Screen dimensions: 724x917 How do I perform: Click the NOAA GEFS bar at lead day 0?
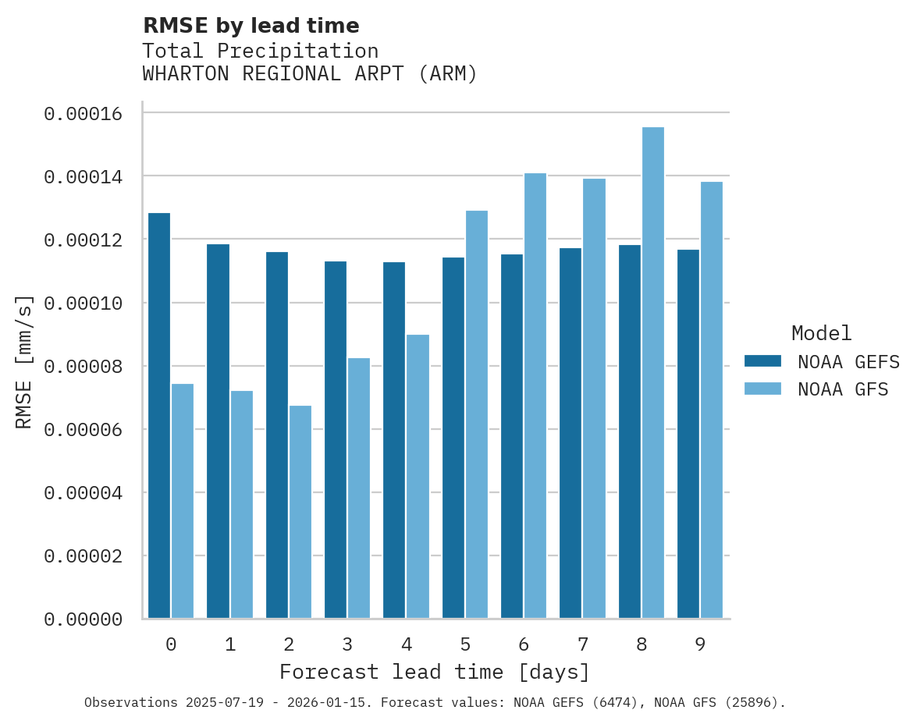[159, 416]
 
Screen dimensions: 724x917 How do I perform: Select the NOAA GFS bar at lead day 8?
[652, 373]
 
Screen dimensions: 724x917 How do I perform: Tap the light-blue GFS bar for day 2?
[300, 512]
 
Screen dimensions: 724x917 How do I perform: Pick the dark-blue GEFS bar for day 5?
[453, 438]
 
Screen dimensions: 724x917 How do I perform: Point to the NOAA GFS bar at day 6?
[535, 396]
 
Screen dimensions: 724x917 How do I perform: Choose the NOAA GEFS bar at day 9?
[688, 434]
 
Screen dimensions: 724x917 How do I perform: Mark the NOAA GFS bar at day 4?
[418, 477]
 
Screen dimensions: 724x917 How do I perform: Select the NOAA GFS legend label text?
[843, 389]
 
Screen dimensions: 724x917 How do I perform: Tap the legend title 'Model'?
[821, 333]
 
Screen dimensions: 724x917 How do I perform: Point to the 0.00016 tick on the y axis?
[84, 114]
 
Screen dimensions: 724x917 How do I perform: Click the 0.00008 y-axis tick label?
[84, 367]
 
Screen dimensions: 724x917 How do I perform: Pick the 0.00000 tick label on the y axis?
[84, 619]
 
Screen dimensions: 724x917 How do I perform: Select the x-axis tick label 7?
[582, 644]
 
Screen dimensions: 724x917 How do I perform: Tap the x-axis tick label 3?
[347, 644]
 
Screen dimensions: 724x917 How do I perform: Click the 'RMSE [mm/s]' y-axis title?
[24, 362]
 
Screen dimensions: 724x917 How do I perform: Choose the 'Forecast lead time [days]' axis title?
[435, 672]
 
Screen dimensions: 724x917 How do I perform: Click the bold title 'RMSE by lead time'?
[251, 26]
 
